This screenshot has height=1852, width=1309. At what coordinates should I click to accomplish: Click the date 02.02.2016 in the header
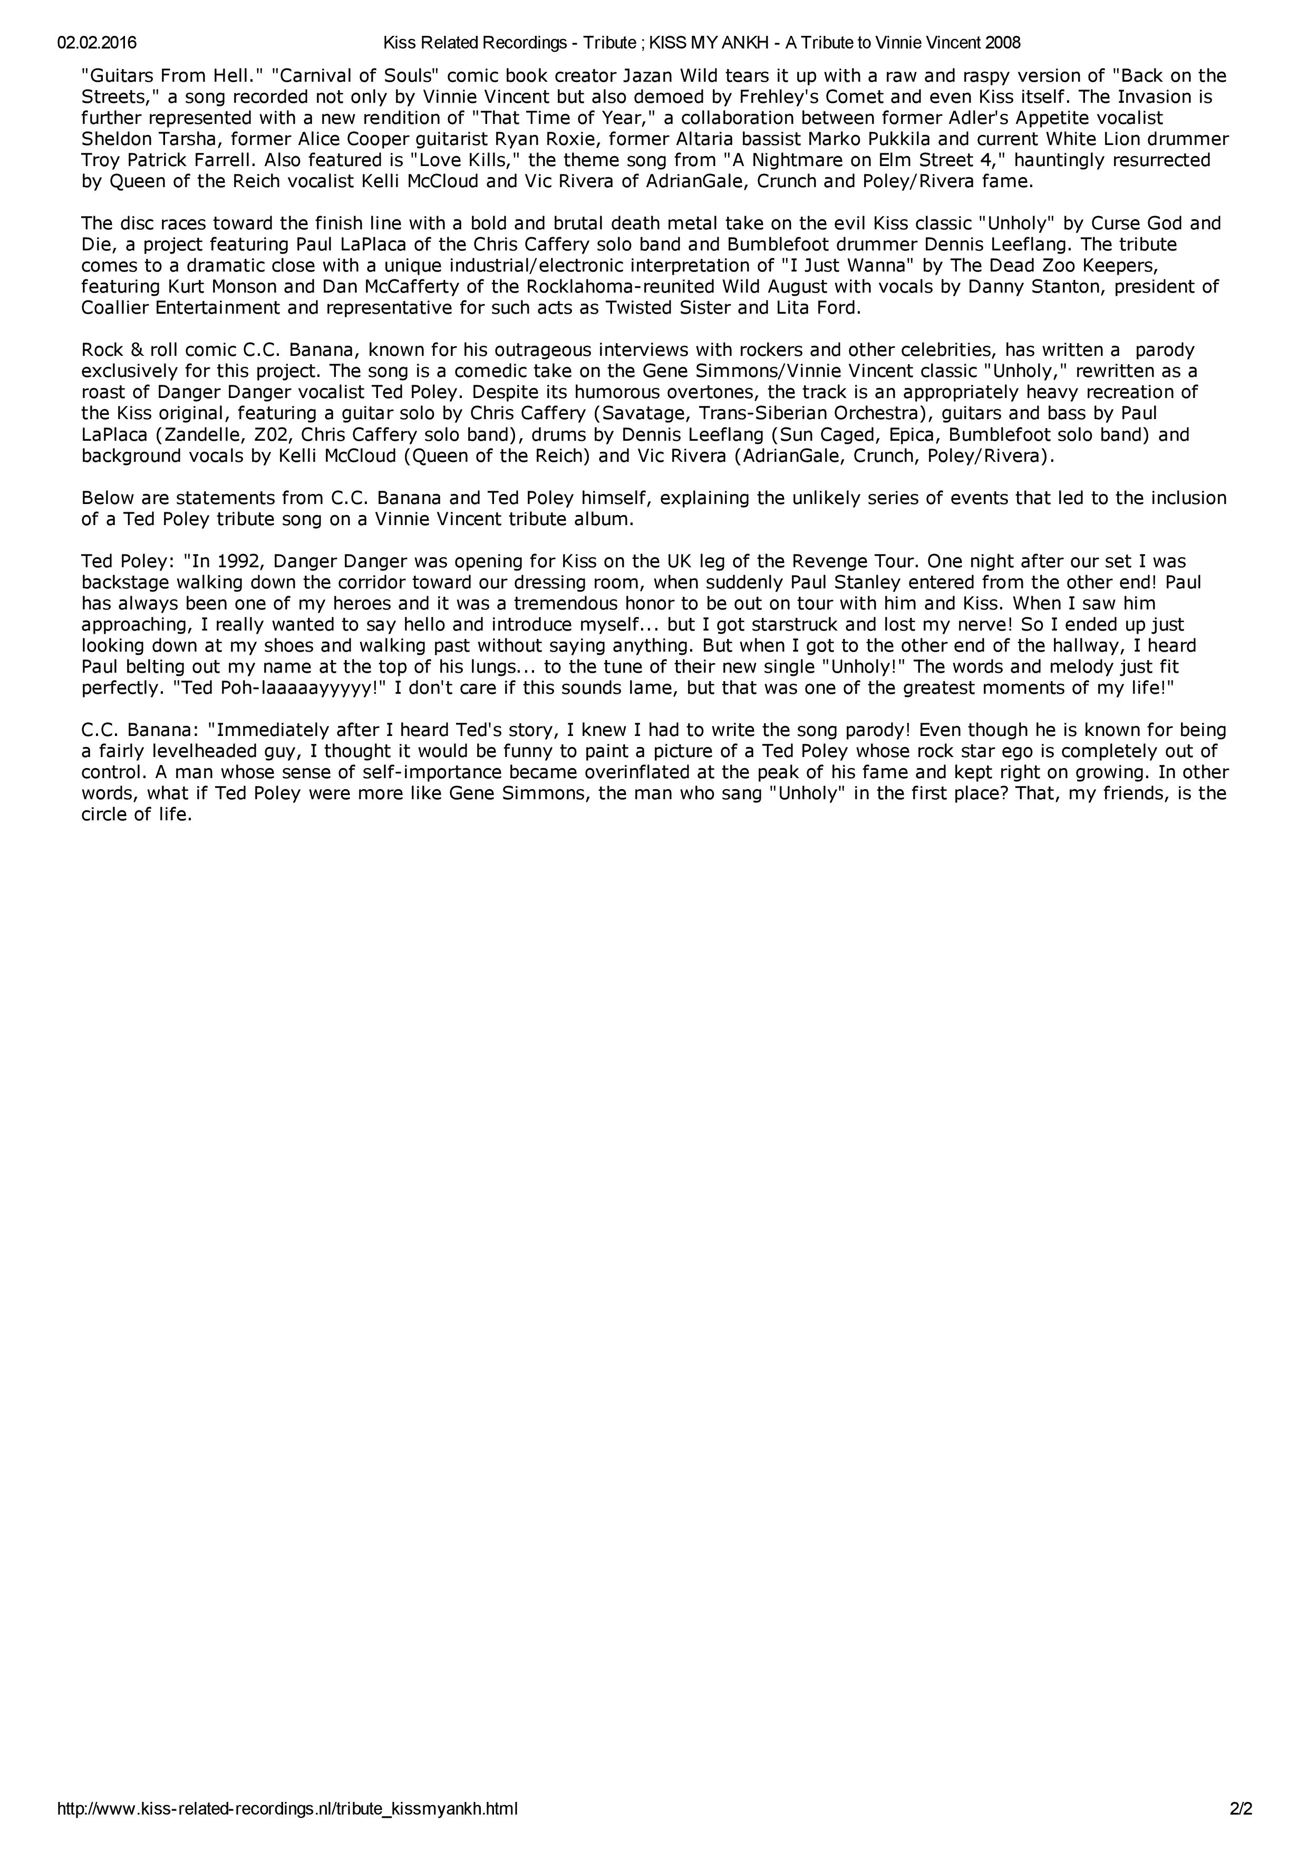point(97,42)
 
